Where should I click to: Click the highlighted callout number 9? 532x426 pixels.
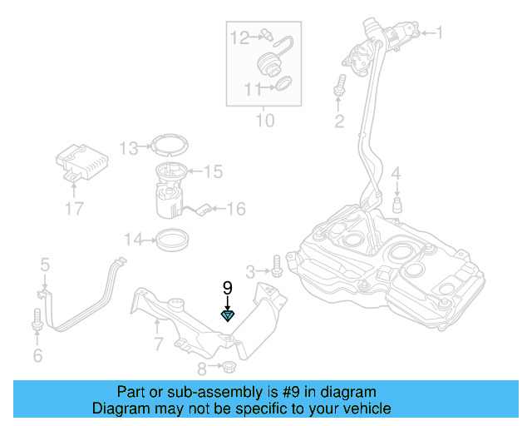tap(227, 288)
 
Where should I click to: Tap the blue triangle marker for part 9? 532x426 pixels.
tap(227, 315)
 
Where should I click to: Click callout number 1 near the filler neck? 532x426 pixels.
tap(440, 33)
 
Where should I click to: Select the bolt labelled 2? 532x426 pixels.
tap(339, 86)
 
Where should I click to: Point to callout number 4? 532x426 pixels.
tap(397, 173)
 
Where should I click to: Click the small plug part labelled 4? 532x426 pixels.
tap(397, 205)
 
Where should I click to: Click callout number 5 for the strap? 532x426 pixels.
tap(45, 265)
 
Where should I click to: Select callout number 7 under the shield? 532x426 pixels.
tap(158, 344)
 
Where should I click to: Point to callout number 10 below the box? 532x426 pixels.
tap(264, 121)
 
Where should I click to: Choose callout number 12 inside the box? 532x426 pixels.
tap(239, 37)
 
